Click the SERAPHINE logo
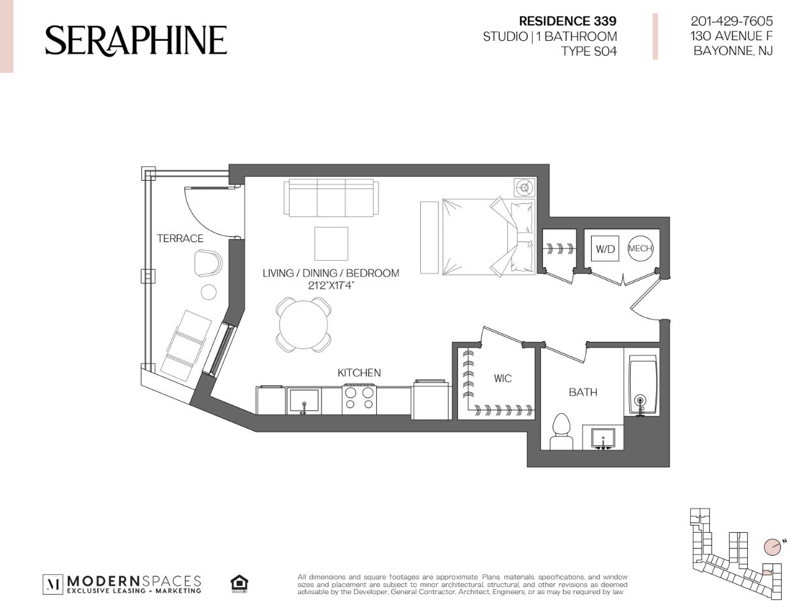pyautogui.click(x=136, y=41)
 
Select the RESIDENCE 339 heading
pyautogui.click(x=567, y=21)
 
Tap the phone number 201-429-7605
pyautogui.click(x=732, y=21)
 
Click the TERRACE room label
pyautogui.click(x=180, y=238)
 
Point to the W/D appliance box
pyautogui.click(x=605, y=249)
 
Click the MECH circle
pyautogui.click(x=640, y=249)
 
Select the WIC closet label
pyautogui.click(x=503, y=378)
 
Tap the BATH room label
pyautogui.click(x=583, y=392)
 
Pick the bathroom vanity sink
pyautogui.click(x=603, y=439)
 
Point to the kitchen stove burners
pyautogui.click(x=359, y=399)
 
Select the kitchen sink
pyautogui.click(x=304, y=401)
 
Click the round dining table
pyautogui.click(x=303, y=325)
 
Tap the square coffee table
pyautogui.click(x=331, y=243)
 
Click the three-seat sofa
pyautogui.click(x=331, y=198)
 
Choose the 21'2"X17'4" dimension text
pyautogui.click(x=331, y=285)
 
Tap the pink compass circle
pyautogui.click(x=772, y=556)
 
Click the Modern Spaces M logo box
pyautogui.click(x=53, y=584)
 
